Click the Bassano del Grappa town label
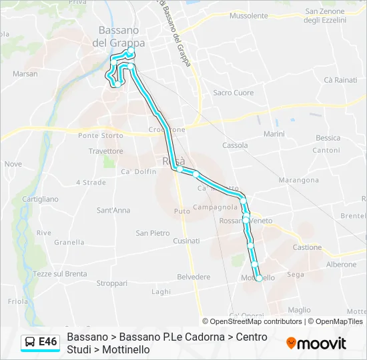[x=118, y=36]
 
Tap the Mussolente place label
[x=248, y=15]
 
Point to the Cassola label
[x=235, y=145]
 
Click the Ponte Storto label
[x=101, y=135]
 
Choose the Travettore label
[x=105, y=151]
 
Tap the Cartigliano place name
[x=41, y=199]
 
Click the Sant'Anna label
[x=113, y=211]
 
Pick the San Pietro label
[x=153, y=233]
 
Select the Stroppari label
[x=112, y=283]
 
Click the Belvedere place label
[x=194, y=277]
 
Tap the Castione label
[x=307, y=247]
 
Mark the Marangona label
[x=298, y=180]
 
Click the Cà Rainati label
[x=340, y=80]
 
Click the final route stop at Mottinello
[x=259, y=279]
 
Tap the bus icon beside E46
[x=30, y=342]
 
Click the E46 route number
[x=48, y=342]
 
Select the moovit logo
[x=316, y=343]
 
